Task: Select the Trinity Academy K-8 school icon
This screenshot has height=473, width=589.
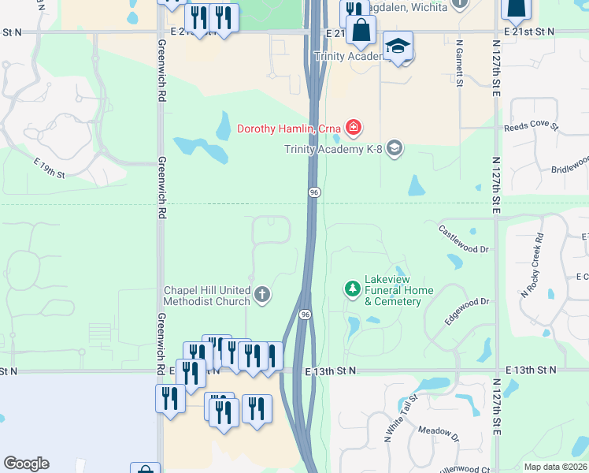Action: [x=395, y=147]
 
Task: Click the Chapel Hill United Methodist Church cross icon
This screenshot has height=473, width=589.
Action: [x=262, y=295]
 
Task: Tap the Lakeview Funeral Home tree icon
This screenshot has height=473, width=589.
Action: [x=352, y=289]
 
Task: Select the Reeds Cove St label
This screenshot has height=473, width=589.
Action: [x=531, y=126]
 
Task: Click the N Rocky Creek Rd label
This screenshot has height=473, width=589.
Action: [x=532, y=266]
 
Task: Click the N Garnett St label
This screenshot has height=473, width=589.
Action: [x=458, y=64]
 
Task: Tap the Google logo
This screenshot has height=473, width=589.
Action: [x=26, y=464]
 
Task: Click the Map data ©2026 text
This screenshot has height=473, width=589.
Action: [x=555, y=467]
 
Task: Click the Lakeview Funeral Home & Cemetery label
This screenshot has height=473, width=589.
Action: [x=398, y=290]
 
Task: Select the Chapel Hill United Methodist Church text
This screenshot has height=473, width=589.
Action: [x=206, y=295]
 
